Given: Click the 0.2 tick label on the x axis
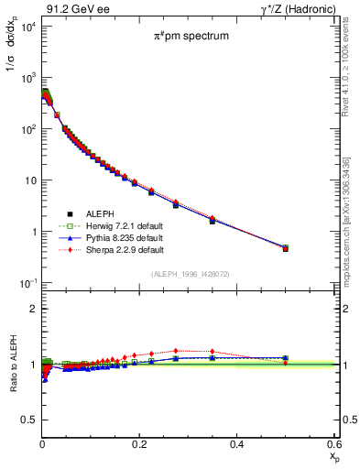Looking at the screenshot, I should click(x=139, y=444).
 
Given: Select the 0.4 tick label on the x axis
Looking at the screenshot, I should click(x=236, y=444).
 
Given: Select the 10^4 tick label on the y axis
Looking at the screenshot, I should click(x=24, y=26).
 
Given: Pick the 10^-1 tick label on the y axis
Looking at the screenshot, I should click(x=24, y=283).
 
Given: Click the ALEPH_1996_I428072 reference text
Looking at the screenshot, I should click(x=191, y=274).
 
